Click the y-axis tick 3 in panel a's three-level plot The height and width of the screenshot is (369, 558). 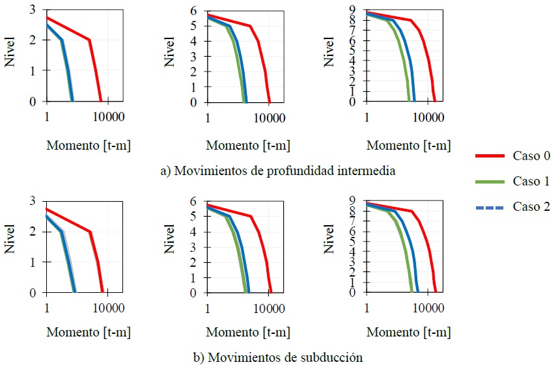(x=33, y=9)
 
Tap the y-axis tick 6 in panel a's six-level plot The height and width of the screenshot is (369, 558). (x=193, y=11)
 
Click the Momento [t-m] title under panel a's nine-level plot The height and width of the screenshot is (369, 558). (x=408, y=146)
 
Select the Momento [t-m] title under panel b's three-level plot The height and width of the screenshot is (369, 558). (x=88, y=333)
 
